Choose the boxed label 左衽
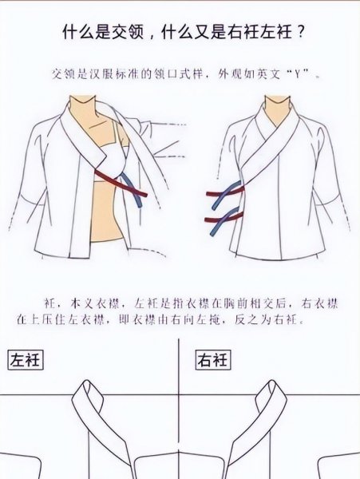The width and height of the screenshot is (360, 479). coord(25,360)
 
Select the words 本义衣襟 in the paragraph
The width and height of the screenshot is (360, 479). coord(78,303)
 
